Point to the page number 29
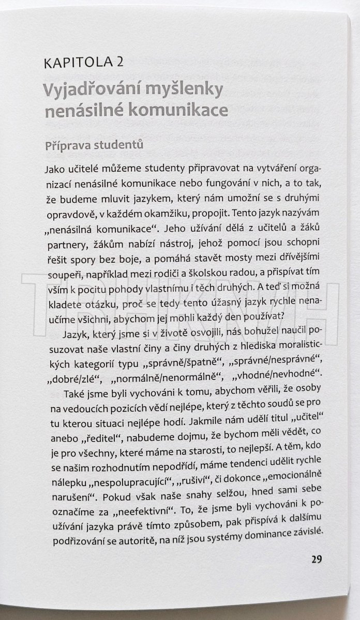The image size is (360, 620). (x=317, y=559)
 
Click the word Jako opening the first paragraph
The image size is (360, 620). (x=55, y=170)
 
